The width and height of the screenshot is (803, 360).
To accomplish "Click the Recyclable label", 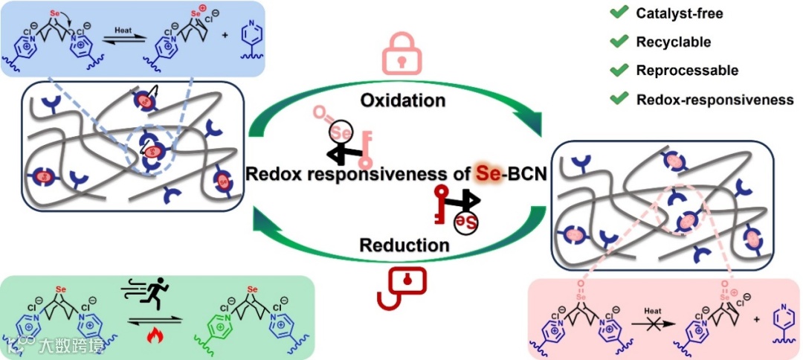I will (674, 42).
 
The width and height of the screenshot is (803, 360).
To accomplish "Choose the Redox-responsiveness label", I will (715, 100).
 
